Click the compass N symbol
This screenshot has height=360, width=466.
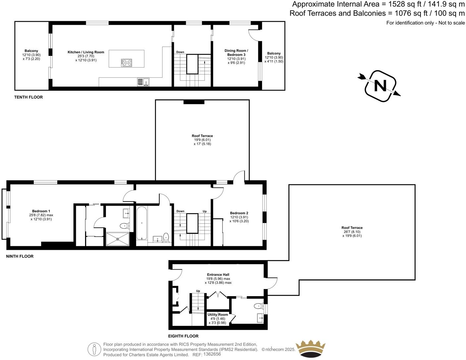coord(380,86)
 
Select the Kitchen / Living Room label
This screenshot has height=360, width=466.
coord(86,52)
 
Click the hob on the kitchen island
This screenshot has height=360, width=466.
coord(127,63)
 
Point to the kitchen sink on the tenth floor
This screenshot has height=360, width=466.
coord(143,82)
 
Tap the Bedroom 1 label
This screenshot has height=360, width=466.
coord(41,211)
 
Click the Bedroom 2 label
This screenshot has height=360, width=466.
coord(239,213)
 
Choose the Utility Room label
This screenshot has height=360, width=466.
coord(218,315)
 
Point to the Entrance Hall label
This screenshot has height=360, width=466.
coord(218,275)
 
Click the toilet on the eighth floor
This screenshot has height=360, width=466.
coord(258,306)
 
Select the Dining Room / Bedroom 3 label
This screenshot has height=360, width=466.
coord(236,53)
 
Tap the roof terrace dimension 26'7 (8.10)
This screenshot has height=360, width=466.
coord(352,232)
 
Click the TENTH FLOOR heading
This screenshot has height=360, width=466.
coord(28,97)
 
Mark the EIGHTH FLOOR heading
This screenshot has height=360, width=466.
coord(183,336)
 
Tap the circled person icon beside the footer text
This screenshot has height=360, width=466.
coord(94,349)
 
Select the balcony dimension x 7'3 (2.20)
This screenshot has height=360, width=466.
coord(31,59)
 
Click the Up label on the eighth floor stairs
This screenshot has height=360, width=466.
coord(198,291)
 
